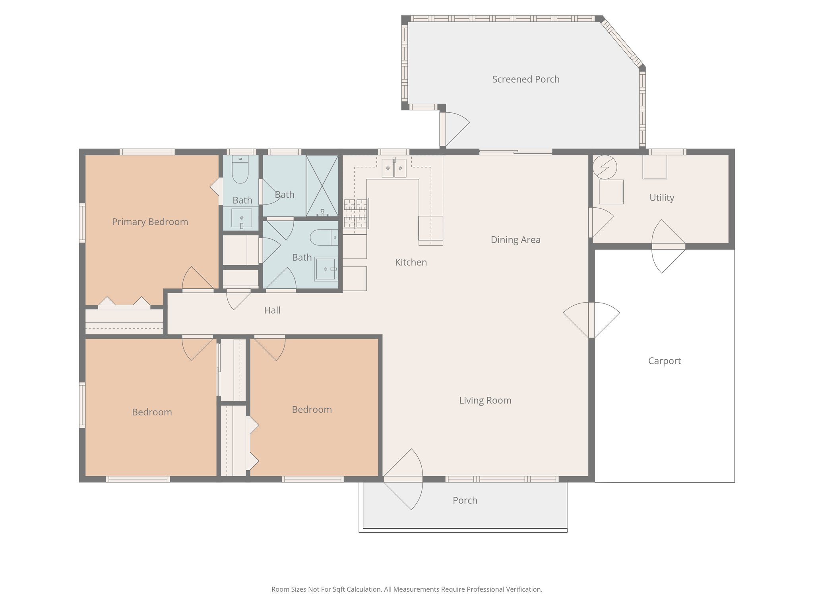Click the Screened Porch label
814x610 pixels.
click(x=525, y=79)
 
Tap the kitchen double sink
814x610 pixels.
click(x=394, y=168)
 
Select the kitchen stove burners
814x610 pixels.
click(x=356, y=213)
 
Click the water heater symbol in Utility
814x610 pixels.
click(x=605, y=167)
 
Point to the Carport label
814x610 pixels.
click(x=664, y=361)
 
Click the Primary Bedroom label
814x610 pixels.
click(x=150, y=222)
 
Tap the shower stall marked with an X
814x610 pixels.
click(x=322, y=185)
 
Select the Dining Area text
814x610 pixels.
click(x=515, y=240)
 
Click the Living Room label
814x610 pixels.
click(x=485, y=400)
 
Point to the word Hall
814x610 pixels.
click(x=272, y=311)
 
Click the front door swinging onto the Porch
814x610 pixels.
click(x=403, y=479)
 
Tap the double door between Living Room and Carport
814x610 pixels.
click(x=591, y=320)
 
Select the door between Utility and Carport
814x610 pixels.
click(x=669, y=246)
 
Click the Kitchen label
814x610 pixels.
click(x=411, y=263)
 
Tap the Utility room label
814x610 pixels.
click(x=661, y=198)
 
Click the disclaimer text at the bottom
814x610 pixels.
click(x=407, y=589)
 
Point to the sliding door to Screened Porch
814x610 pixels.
click(x=516, y=152)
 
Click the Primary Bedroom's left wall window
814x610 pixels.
click(x=82, y=223)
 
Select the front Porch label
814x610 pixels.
click(x=465, y=500)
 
